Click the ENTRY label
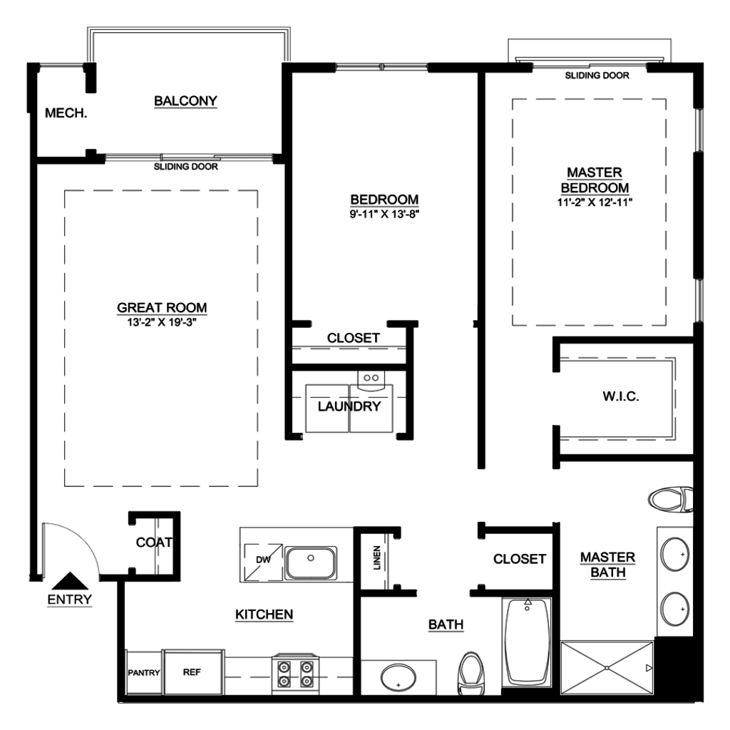69,599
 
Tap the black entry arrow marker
70,581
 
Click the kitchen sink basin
311,563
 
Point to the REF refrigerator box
192,672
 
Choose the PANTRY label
144,673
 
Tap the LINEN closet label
377,557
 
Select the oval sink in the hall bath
398,677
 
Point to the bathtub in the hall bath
527,642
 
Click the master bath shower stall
607,668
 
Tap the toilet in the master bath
670,500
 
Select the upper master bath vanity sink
675,555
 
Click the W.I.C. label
621,396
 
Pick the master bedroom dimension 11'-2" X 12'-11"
595,202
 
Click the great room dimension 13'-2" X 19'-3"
162,322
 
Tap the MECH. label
66,113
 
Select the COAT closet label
154,543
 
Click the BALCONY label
186,101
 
